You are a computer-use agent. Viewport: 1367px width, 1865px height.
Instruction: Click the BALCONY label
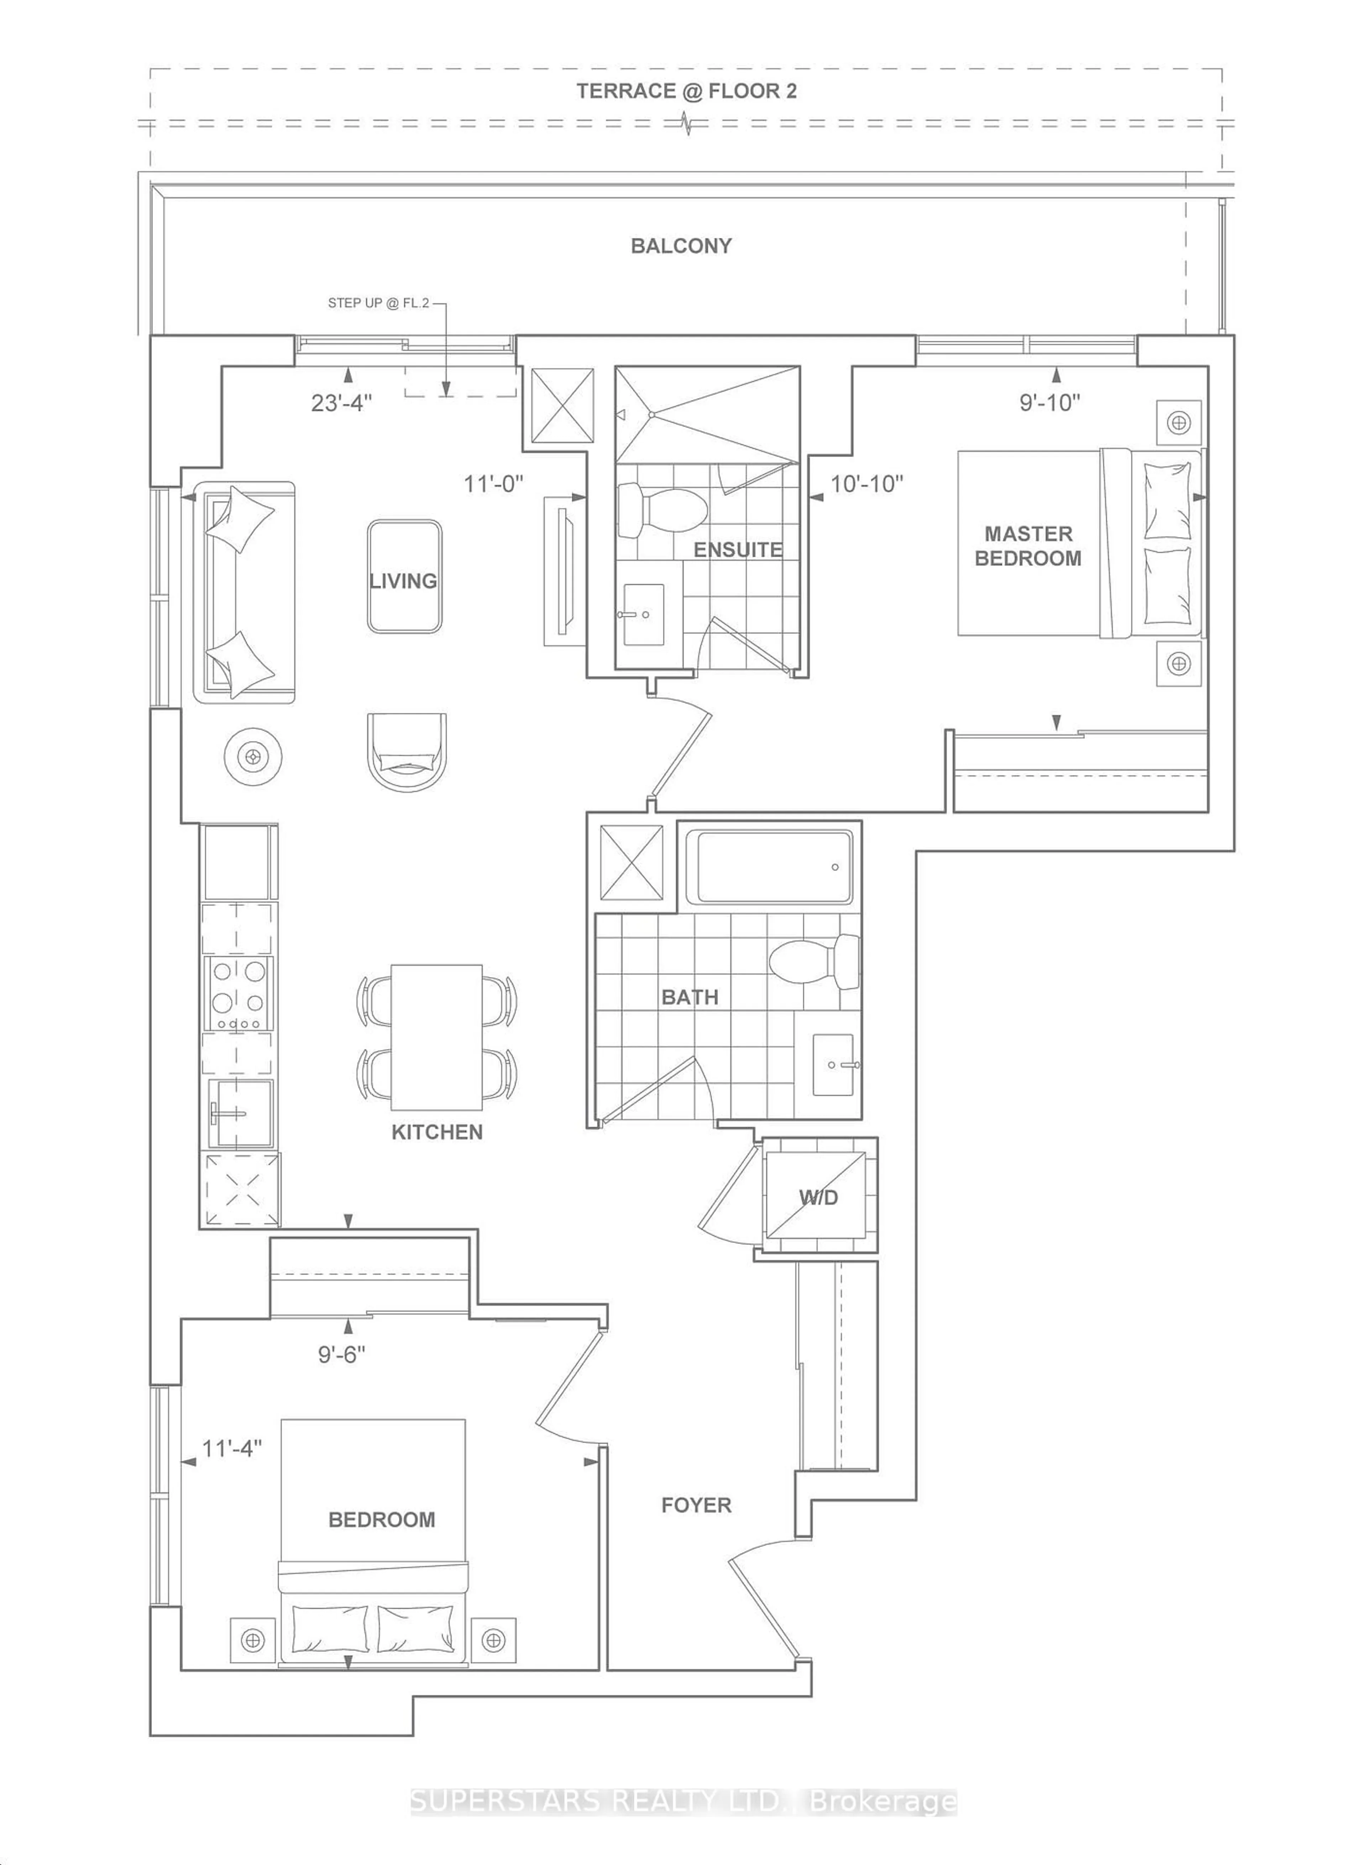tap(681, 246)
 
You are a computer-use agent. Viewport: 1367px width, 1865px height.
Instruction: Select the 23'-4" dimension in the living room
tap(341, 403)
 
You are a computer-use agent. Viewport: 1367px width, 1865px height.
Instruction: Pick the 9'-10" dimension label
tap(1049, 402)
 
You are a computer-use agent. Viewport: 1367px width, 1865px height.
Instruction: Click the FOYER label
tap(696, 1505)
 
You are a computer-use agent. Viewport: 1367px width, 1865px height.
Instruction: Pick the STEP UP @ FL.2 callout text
tap(378, 303)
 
